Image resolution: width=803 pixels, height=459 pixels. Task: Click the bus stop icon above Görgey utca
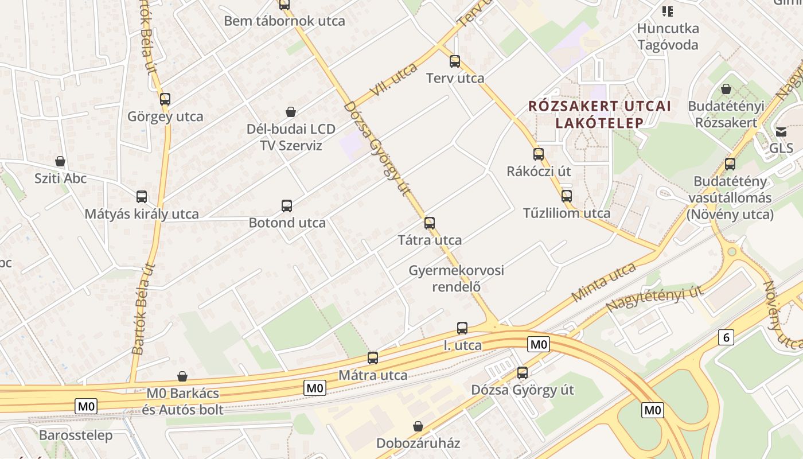click(x=165, y=99)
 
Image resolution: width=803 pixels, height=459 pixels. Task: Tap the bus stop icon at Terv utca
click(x=455, y=61)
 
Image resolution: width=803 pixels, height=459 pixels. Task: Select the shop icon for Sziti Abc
click(x=60, y=162)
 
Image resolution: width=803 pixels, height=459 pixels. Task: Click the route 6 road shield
click(x=726, y=337)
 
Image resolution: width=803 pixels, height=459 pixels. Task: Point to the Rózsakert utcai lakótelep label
click(x=599, y=114)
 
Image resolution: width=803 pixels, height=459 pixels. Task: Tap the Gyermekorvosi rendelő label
click(x=457, y=278)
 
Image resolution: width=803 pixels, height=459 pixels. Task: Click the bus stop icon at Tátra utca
click(x=430, y=223)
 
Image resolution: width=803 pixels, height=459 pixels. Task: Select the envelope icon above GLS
click(x=781, y=132)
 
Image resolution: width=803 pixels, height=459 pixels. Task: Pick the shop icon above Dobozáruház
click(x=418, y=426)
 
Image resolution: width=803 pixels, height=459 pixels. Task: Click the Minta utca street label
click(x=604, y=282)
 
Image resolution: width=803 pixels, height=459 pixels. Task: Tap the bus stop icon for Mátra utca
click(x=373, y=358)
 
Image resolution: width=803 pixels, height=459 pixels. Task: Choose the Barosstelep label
click(x=76, y=435)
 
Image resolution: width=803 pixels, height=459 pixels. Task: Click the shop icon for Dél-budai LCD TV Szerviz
click(x=291, y=112)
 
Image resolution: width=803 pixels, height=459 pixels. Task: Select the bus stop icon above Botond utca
click(x=287, y=206)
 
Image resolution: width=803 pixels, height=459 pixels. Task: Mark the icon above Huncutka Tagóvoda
click(x=668, y=11)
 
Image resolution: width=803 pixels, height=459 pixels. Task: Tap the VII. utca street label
click(x=394, y=79)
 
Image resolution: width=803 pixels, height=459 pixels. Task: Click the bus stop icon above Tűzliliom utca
click(x=567, y=196)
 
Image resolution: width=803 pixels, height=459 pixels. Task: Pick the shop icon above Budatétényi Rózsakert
click(x=726, y=89)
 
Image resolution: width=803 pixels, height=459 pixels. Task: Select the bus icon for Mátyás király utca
click(x=142, y=197)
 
